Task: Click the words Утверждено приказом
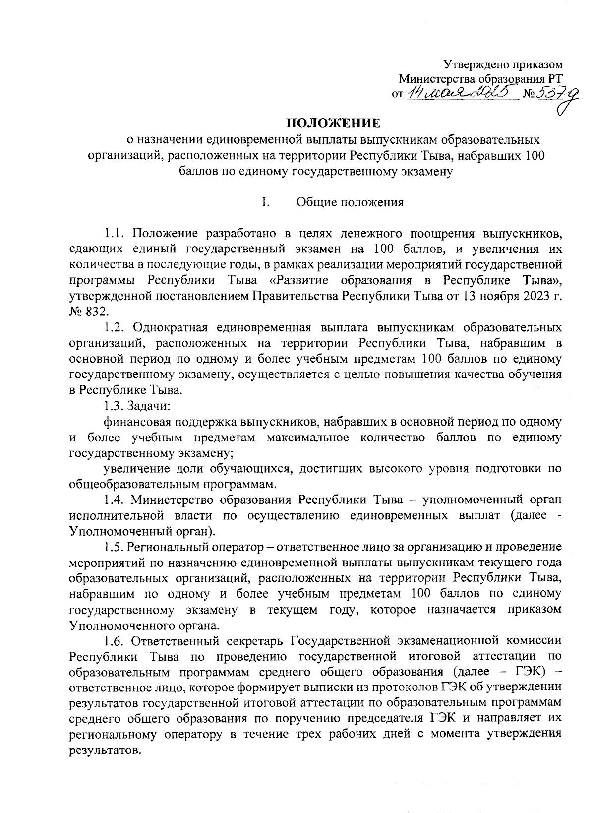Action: tap(503, 64)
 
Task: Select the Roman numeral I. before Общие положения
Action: tap(266, 202)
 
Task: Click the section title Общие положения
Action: tap(350, 202)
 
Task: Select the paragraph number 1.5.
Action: tap(116, 547)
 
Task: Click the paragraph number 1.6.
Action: tap(116, 641)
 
